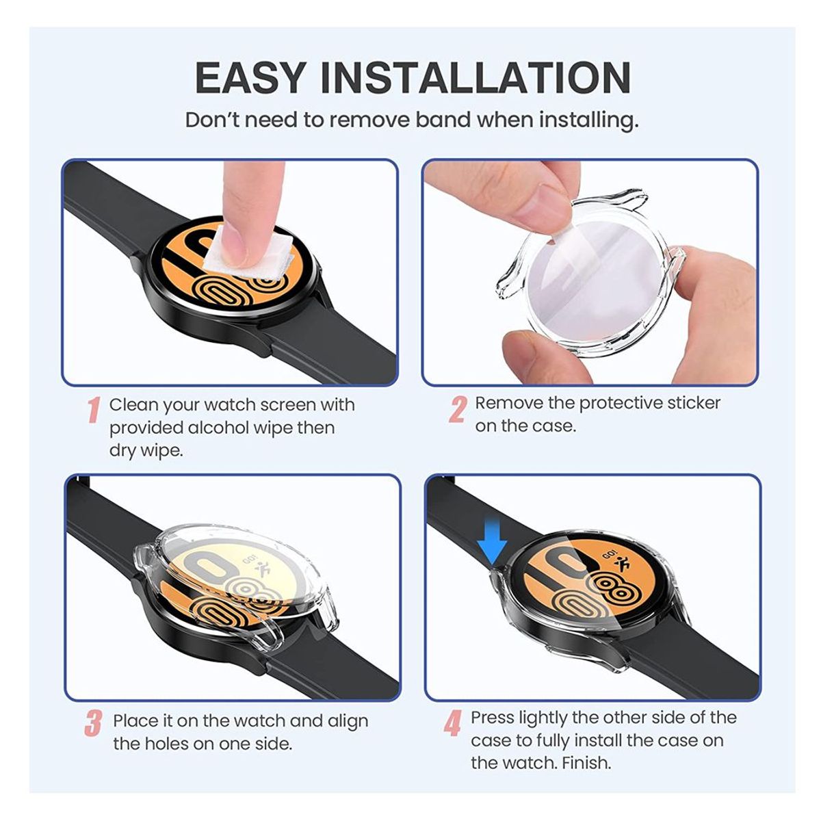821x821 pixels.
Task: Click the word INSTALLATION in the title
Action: pos(475,77)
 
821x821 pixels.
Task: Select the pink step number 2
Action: pos(457,409)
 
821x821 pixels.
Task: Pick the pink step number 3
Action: pos(94,724)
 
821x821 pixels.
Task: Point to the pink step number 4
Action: pos(452,723)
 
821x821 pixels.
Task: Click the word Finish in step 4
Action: pos(586,762)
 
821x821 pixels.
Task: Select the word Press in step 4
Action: pos(493,718)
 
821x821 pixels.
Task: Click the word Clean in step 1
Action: pos(134,404)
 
